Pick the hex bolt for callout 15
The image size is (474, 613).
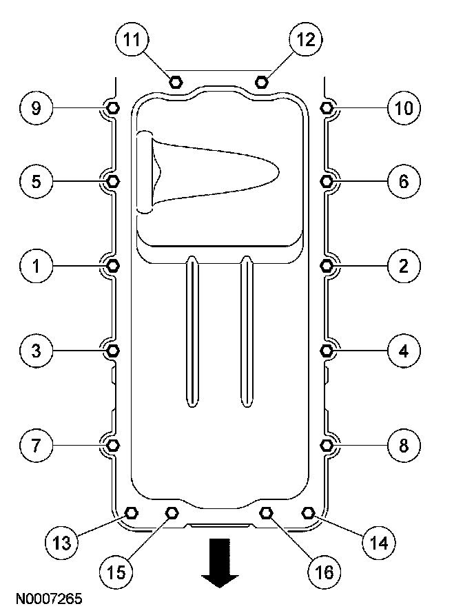click(x=172, y=512)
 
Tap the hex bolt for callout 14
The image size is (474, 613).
click(x=308, y=512)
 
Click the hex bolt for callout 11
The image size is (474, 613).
click(x=176, y=83)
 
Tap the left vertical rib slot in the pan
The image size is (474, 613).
click(x=194, y=331)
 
